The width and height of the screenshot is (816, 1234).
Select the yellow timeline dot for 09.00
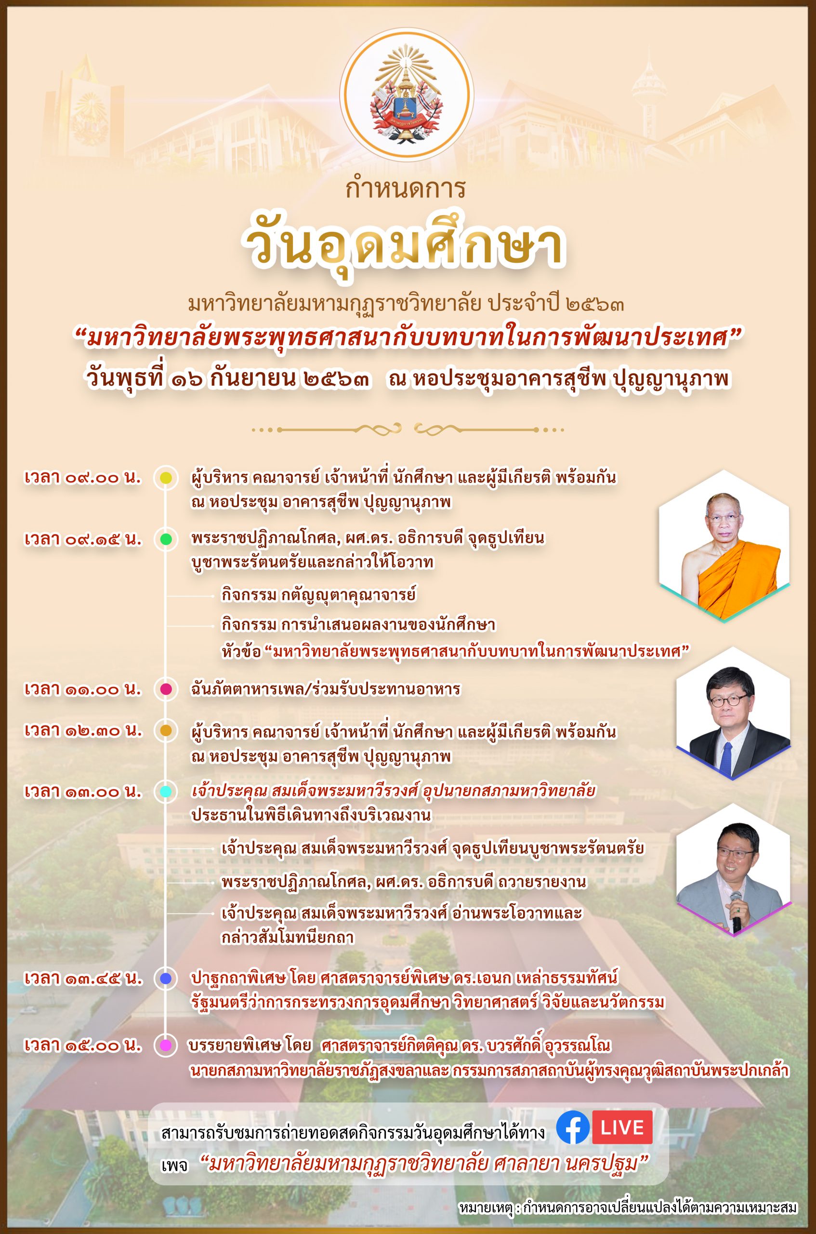tap(166, 478)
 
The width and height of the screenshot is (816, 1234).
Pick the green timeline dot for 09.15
tap(166, 539)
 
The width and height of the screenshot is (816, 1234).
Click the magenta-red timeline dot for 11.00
tap(166, 689)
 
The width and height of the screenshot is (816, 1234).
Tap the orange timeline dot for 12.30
tap(166, 731)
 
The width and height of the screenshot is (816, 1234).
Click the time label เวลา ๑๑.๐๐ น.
tap(83, 689)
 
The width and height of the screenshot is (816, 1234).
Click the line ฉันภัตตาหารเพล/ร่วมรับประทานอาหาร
tap(325, 689)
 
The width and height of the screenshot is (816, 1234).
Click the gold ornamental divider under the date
tap(408, 430)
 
